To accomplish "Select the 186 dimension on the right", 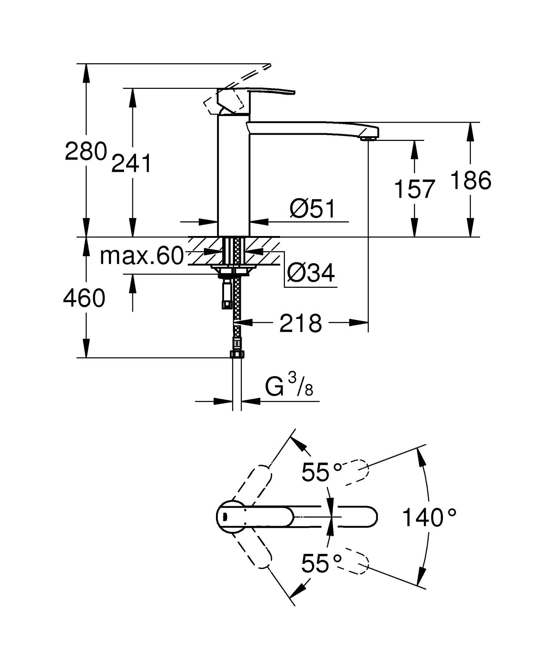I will point(470,180).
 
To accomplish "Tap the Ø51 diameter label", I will point(312,209).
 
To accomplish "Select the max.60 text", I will point(142,256).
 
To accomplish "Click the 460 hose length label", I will point(84,298).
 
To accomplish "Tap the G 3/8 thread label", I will point(289,387).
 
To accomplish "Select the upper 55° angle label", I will point(321,472).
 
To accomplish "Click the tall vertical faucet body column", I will point(234,176).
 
